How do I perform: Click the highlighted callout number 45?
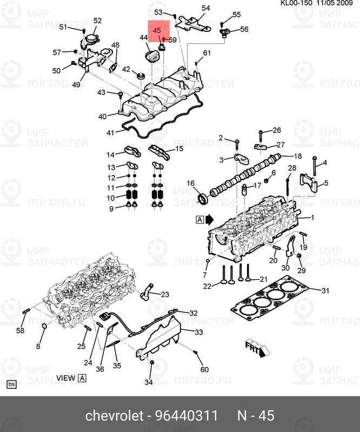[x=156, y=30]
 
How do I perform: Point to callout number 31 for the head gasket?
[x=325, y=291]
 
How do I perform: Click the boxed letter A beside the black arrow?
[x=199, y=220]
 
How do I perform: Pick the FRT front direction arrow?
[x=257, y=348]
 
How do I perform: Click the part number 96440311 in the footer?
[x=187, y=415]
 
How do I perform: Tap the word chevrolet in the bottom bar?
[x=114, y=415]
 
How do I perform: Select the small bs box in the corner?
[x=11, y=384]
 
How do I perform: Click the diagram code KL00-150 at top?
[x=296, y=3]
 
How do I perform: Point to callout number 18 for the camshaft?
[x=298, y=156]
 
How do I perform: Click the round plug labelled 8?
[x=44, y=327]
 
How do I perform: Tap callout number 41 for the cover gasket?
[x=110, y=133]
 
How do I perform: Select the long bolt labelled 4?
[x=315, y=166]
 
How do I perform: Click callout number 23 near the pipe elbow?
[x=165, y=294]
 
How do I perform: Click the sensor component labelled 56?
[x=223, y=32]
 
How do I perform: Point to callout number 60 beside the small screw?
[x=204, y=369]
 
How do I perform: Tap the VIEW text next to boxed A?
[x=65, y=378]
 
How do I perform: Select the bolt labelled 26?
[x=261, y=136]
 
